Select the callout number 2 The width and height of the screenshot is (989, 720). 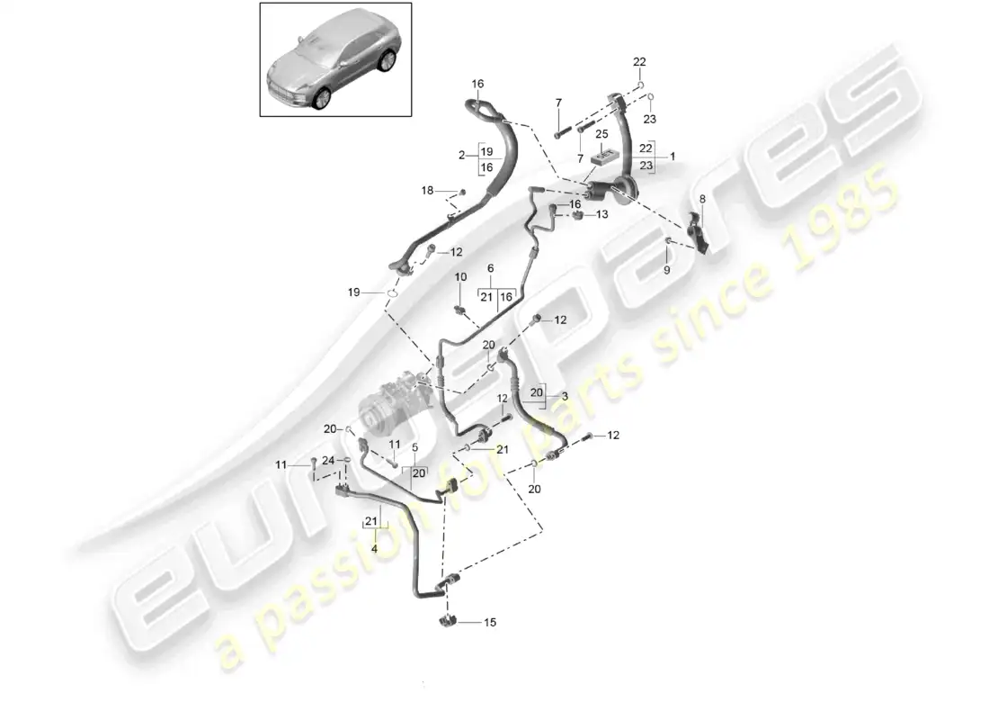tap(462, 155)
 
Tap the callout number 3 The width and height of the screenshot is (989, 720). tap(565, 397)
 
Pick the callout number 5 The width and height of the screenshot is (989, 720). tap(414, 447)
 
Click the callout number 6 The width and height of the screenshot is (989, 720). tap(491, 269)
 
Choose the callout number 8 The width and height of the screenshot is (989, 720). tap(702, 198)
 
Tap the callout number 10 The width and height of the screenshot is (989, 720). tap(460, 276)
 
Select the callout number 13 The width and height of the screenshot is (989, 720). tap(602, 214)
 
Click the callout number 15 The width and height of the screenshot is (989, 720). tap(490, 622)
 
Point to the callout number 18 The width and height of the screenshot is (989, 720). tap(427, 190)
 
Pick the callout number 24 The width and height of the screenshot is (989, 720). tap(329, 461)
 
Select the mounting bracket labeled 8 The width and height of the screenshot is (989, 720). tap(697, 231)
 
